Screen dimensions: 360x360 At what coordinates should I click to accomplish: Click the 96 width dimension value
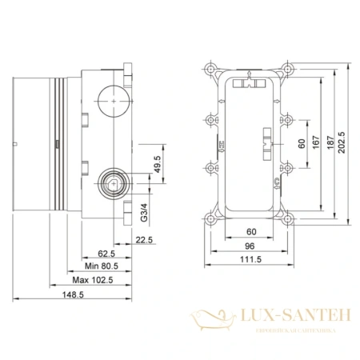coord(251,247)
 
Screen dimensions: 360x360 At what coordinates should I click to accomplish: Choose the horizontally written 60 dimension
coord(251,232)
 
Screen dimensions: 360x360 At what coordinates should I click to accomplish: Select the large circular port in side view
coord(111,102)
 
